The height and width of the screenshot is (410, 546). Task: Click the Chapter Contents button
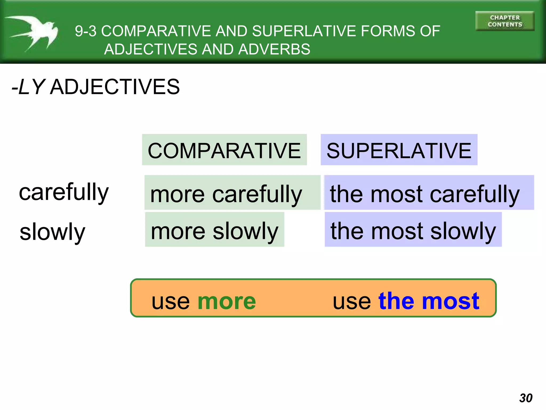pos(504,21)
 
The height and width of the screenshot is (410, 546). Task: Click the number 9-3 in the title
pos(86,31)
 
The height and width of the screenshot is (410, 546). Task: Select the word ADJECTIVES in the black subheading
pos(115,87)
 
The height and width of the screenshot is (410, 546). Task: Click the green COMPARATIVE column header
pos(224,150)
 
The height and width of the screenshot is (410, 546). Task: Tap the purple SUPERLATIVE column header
pos(399,150)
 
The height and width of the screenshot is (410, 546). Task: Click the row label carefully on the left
pos(64,192)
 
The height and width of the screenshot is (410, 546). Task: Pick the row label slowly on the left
pos(53,232)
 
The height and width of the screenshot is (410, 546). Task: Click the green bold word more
pos(227,301)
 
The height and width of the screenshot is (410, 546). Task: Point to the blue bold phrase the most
pos(429,301)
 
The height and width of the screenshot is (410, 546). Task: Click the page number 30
pos(526,398)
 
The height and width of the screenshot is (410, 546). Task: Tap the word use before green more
pos(171,302)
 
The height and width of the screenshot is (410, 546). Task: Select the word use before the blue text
pos(352,302)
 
